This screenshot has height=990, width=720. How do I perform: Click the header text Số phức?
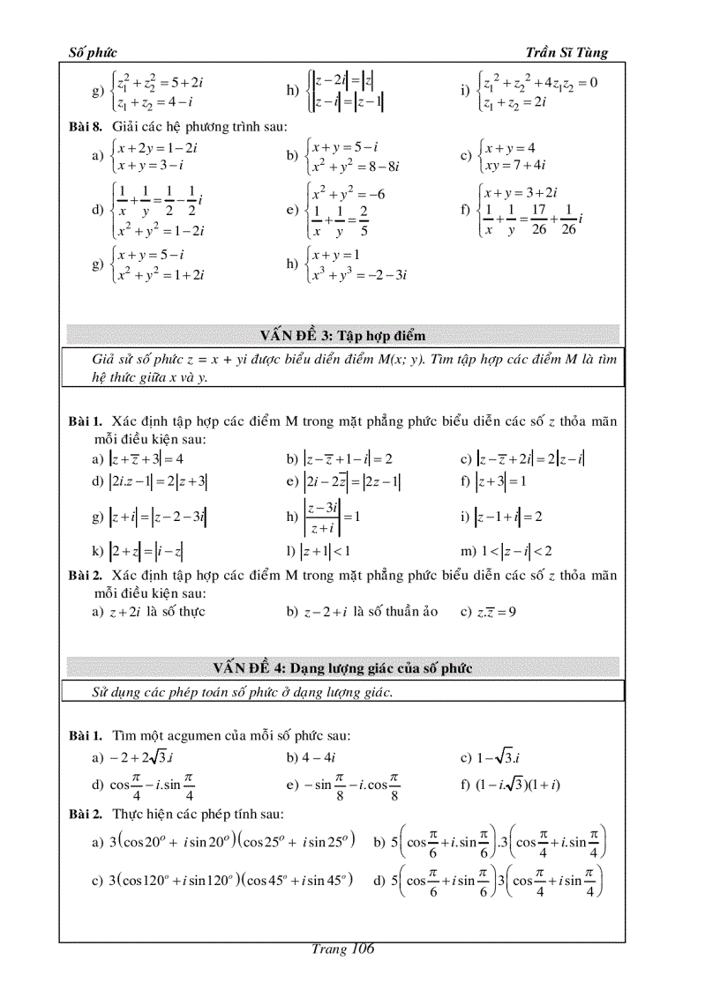click(93, 53)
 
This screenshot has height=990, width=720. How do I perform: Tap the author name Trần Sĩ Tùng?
click(566, 53)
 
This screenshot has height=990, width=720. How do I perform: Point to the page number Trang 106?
click(343, 949)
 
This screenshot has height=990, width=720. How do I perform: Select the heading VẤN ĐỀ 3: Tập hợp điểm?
click(342, 336)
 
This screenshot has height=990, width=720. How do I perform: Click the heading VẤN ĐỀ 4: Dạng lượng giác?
click(342, 668)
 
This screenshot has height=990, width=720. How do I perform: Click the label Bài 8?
click(86, 128)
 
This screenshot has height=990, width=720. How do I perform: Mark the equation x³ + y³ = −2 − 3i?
click(356, 275)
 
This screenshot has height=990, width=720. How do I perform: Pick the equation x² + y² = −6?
click(349, 193)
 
